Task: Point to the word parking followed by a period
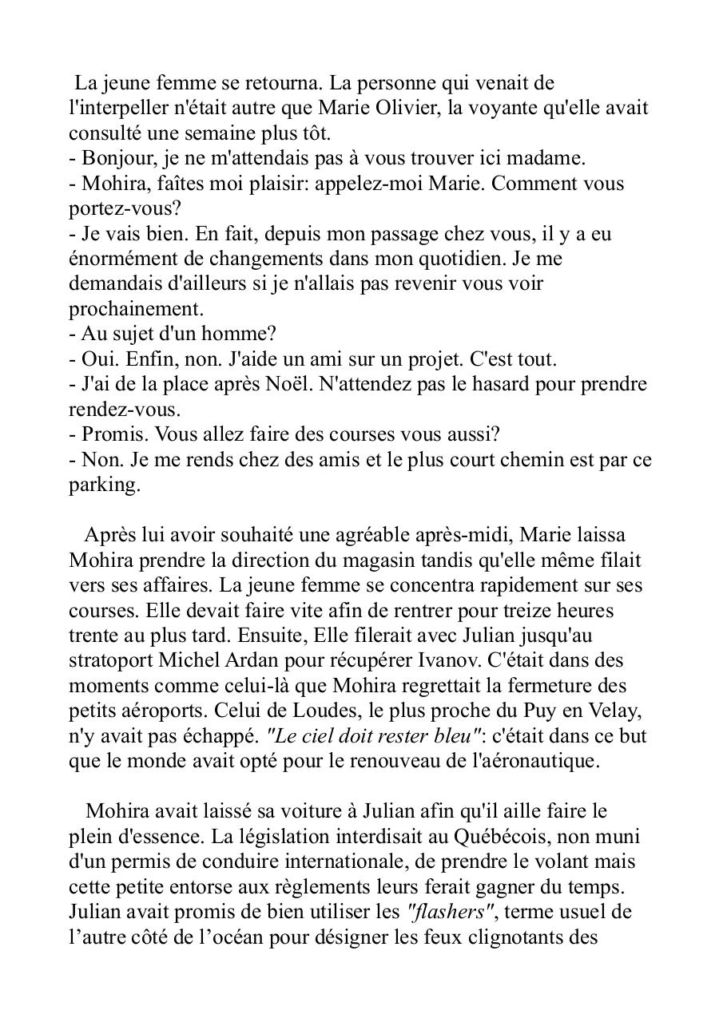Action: [104, 485]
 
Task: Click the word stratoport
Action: [108, 660]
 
